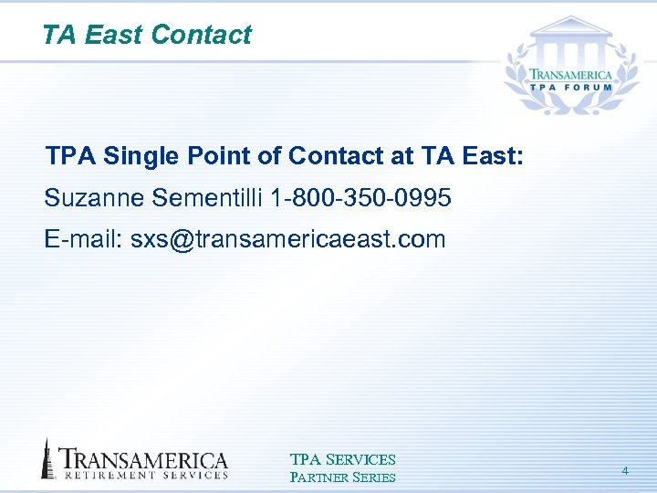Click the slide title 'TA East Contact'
click(146, 35)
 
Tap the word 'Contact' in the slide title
click(201, 35)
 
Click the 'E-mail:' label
click(84, 239)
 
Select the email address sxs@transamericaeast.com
click(288, 239)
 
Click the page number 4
click(625, 470)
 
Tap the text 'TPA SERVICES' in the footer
click(342, 459)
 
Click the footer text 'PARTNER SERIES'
click(342, 477)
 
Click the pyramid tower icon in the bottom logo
click(47, 458)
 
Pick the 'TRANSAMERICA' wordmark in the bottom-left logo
click(144, 458)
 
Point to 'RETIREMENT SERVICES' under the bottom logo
click(144, 475)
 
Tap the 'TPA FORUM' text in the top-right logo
click(573, 90)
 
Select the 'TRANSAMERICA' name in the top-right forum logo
click(573, 75)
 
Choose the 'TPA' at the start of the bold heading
click(70, 156)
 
